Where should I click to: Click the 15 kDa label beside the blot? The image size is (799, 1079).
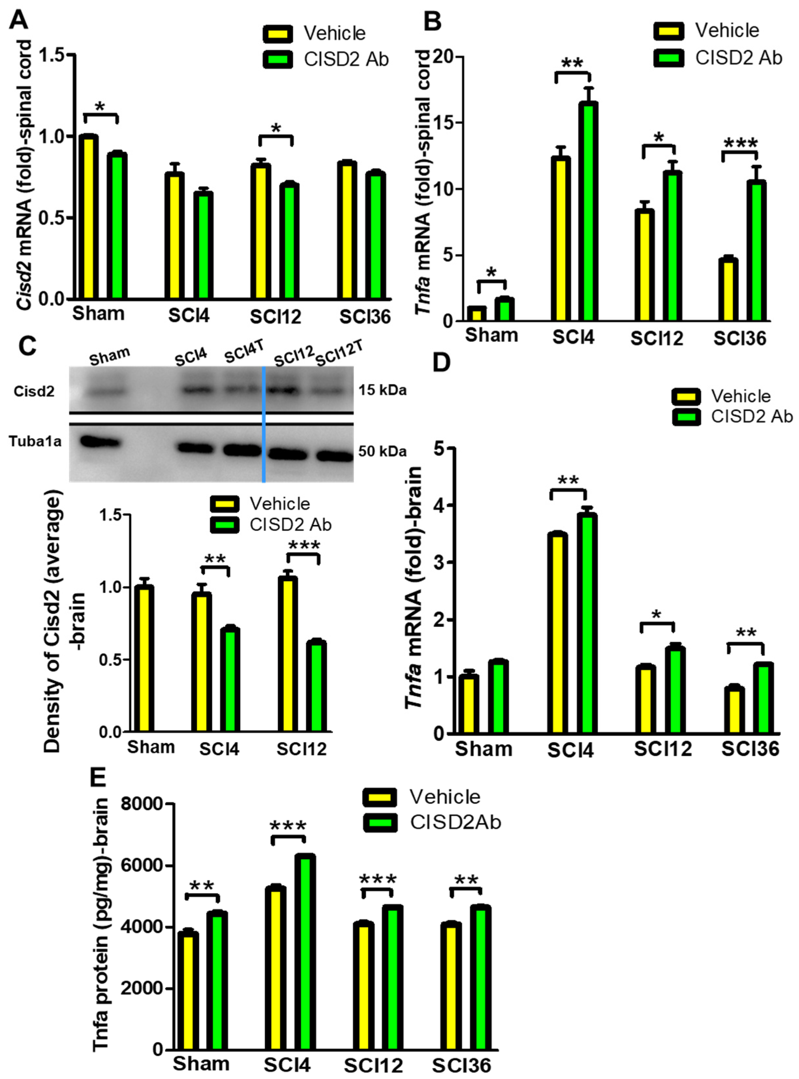click(382, 390)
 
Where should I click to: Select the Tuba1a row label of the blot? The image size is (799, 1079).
click(35, 441)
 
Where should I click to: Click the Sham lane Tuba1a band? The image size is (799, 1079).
click(100, 441)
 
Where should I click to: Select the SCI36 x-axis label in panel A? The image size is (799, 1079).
click(365, 317)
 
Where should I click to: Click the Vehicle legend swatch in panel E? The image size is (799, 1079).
click(379, 797)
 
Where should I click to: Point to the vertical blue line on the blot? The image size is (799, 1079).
click(264, 424)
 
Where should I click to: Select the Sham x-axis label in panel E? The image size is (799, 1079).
click(201, 1064)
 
